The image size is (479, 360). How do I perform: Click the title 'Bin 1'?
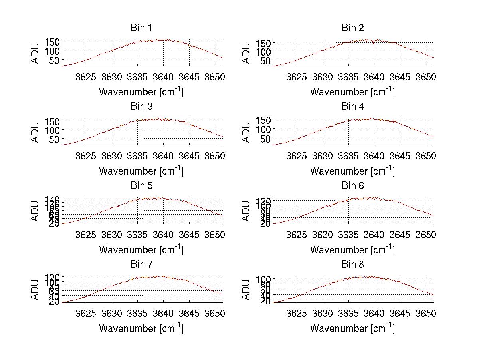click(141, 28)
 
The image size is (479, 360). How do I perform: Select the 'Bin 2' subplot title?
click(352, 28)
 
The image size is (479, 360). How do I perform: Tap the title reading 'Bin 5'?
click(141, 186)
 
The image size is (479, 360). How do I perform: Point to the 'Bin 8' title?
click(352, 265)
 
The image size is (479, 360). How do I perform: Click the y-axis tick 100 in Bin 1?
click(55, 51)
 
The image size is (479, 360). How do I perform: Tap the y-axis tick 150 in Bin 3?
click(55, 121)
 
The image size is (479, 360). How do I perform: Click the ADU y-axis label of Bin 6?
click(246, 211)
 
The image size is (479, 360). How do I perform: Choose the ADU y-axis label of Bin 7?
click(36, 290)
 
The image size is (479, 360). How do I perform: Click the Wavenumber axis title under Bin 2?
click(352, 92)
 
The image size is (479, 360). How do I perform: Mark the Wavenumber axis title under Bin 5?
click(141, 250)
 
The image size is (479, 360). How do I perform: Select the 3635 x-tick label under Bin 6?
click(348, 234)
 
